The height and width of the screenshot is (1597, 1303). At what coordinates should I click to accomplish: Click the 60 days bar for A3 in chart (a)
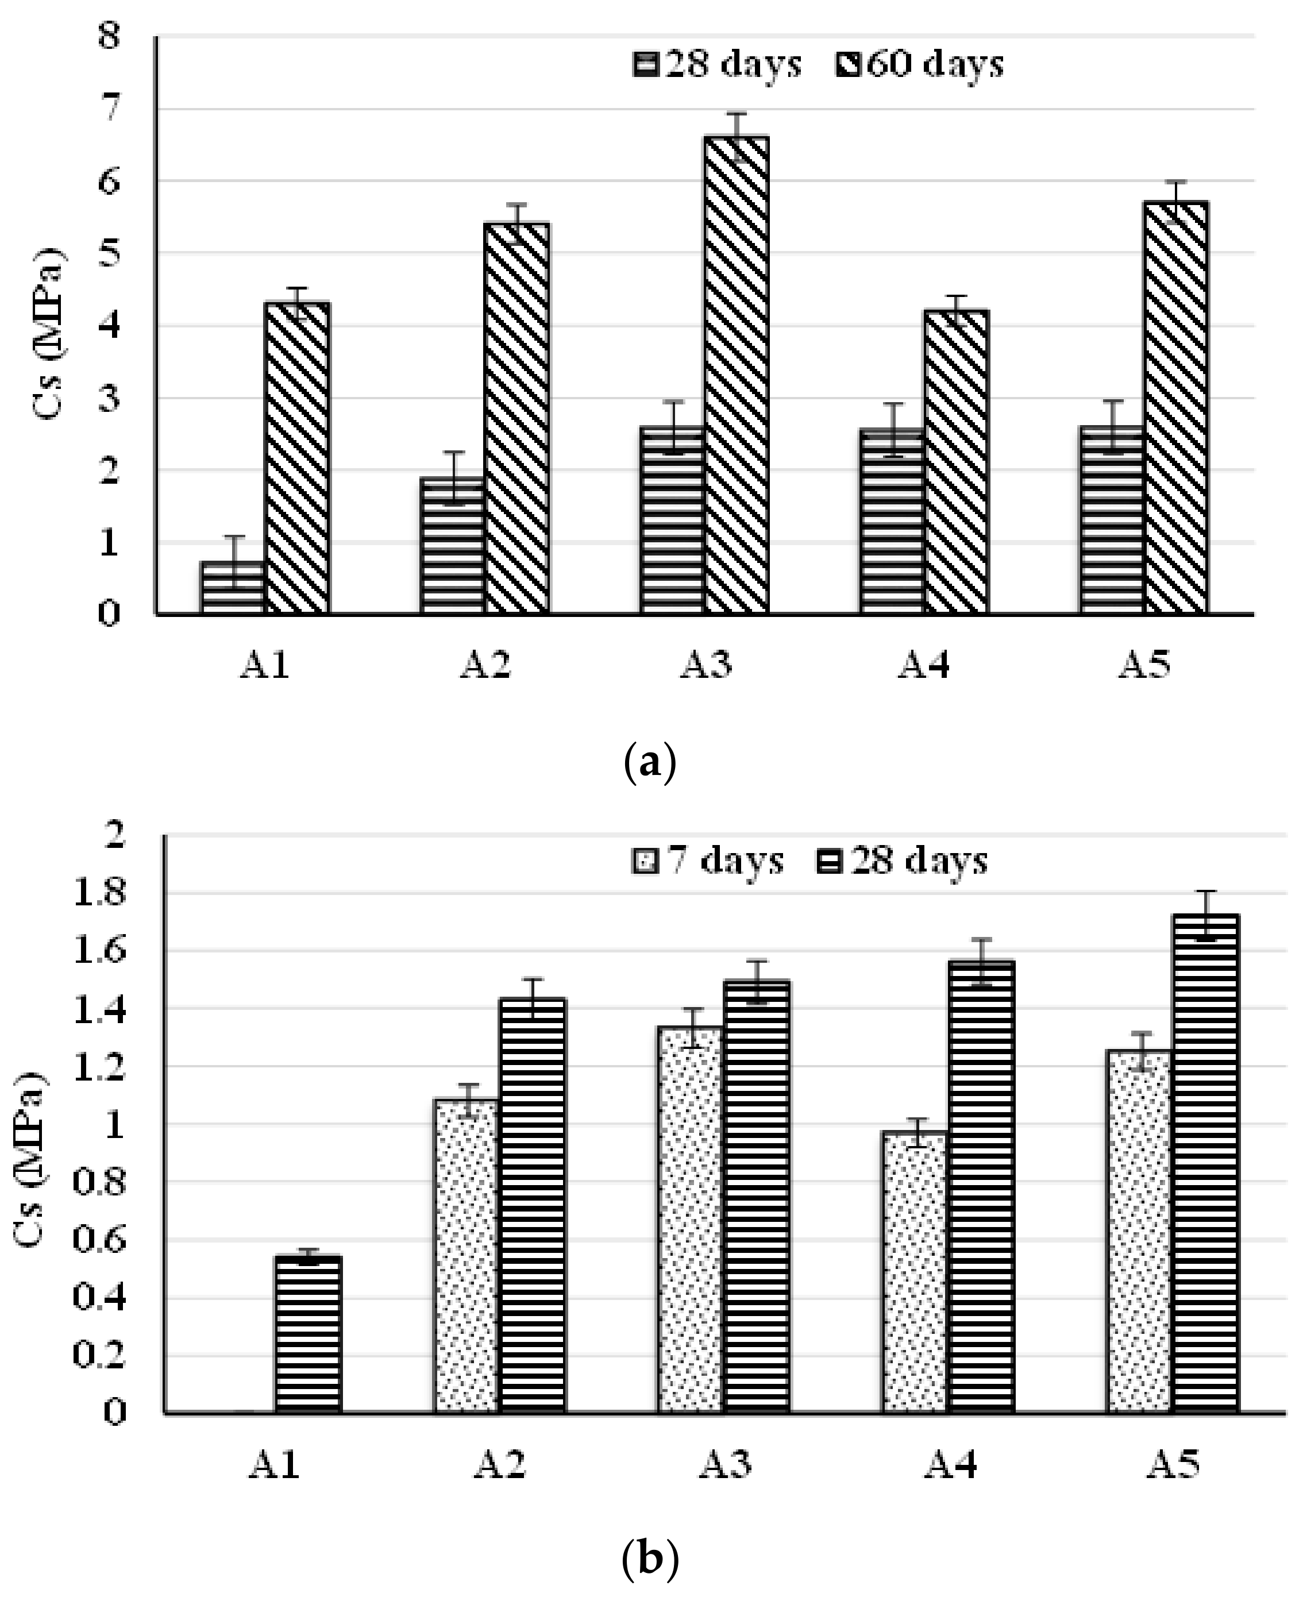point(737,375)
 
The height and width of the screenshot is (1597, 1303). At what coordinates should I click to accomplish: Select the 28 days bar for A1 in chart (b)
point(308,1335)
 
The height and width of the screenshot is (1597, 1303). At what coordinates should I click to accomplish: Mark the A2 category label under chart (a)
point(485,665)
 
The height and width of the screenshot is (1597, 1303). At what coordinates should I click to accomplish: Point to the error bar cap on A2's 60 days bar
point(516,204)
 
